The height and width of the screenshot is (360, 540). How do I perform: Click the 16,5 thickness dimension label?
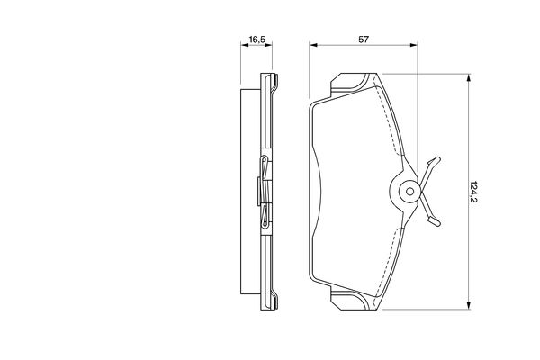[256, 40]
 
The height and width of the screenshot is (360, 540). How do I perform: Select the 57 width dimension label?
[364, 40]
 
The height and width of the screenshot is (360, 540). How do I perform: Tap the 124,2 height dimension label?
[473, 192]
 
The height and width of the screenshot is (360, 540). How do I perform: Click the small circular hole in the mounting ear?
[409, 191]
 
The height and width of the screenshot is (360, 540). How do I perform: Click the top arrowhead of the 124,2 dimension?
[468, 78]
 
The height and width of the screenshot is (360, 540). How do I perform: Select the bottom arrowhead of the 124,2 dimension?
[468, 305]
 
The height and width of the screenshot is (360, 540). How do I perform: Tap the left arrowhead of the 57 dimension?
[313, 45]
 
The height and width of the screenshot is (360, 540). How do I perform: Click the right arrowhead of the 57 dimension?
[414, 45]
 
